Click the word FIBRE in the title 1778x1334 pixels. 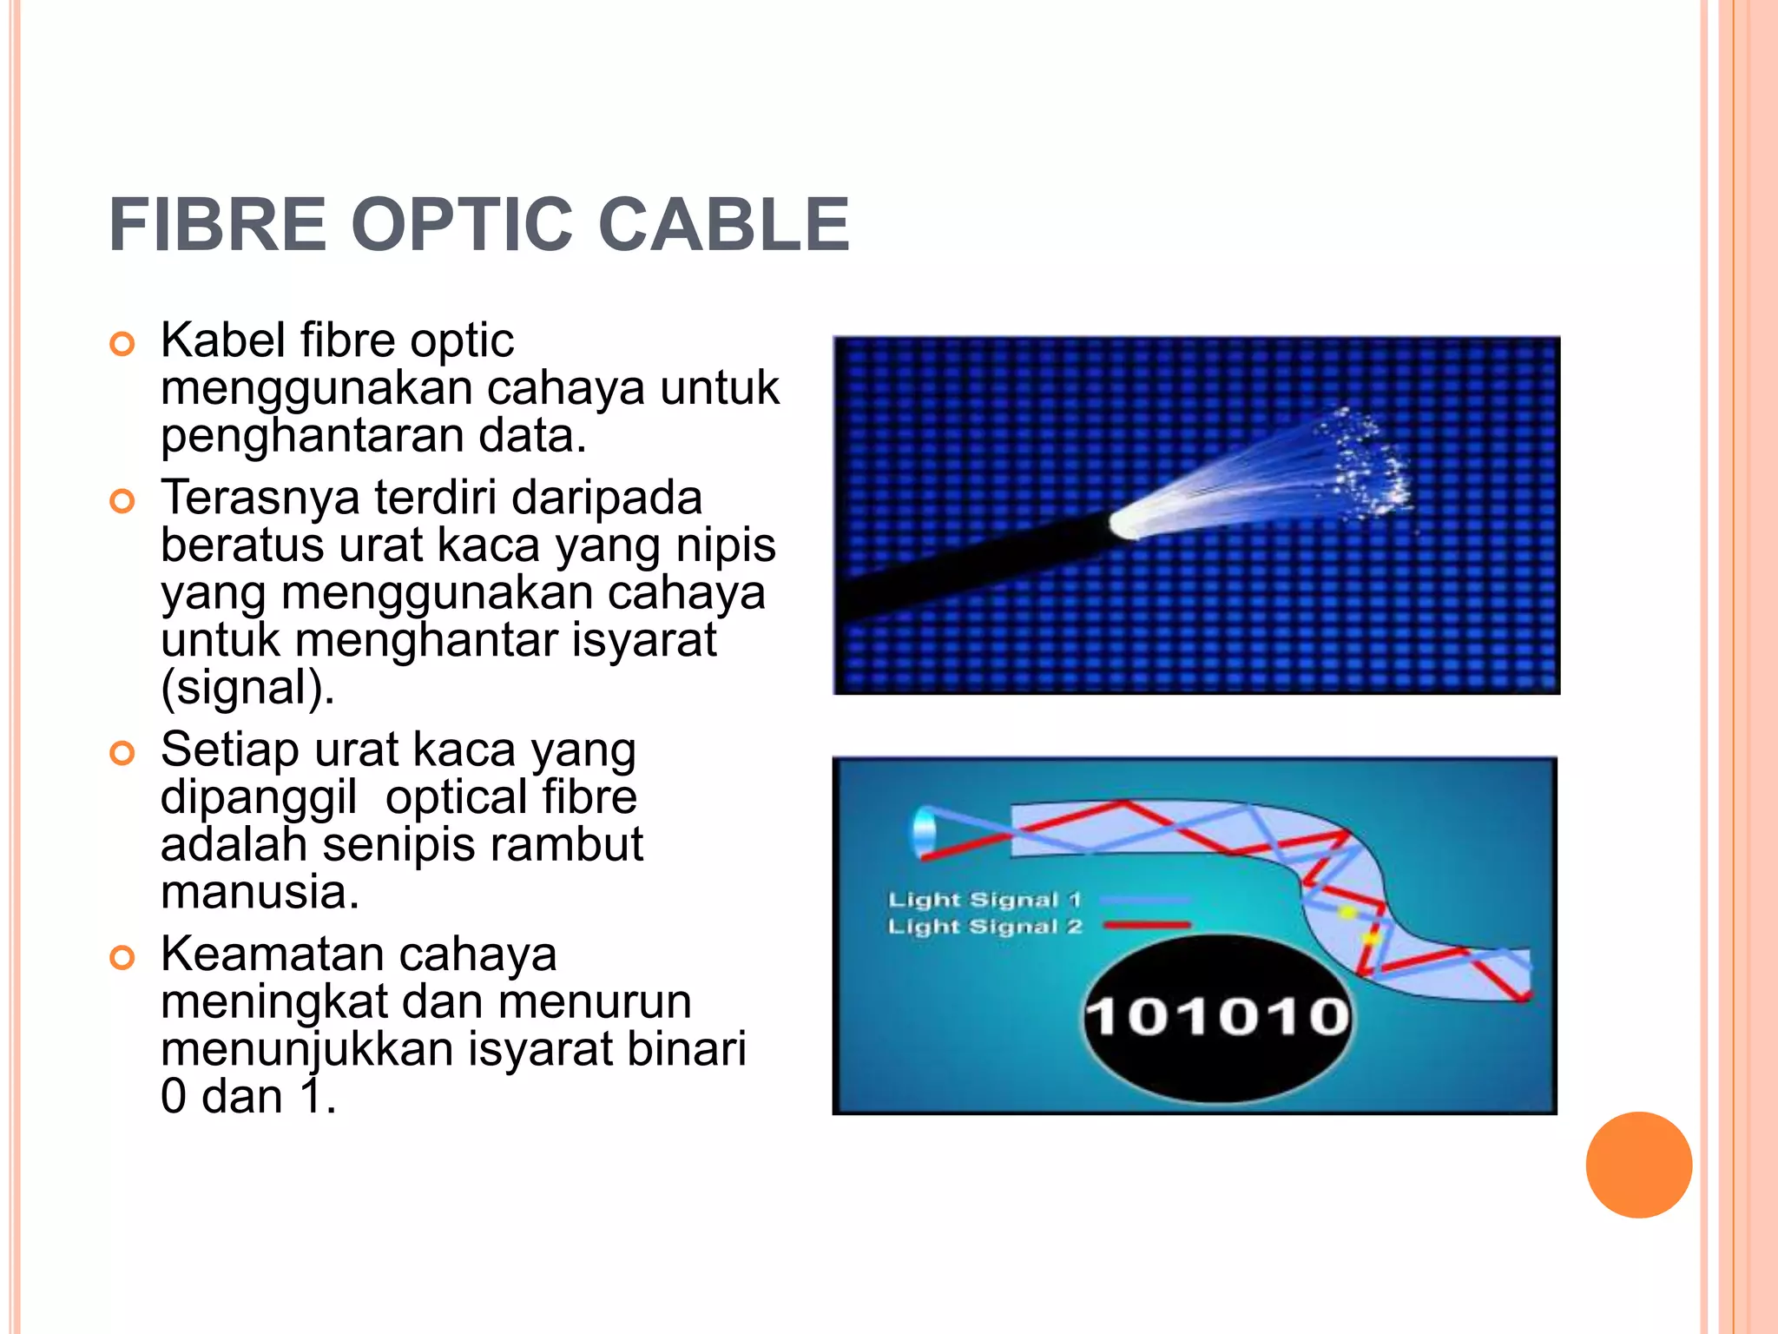217,225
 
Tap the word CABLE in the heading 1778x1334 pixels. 724,225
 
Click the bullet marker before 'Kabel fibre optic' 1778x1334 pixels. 122,344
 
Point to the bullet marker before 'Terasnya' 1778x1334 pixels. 122,501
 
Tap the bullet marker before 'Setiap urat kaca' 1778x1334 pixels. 122,753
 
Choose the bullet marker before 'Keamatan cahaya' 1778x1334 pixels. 122,958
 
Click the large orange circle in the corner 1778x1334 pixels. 1638,1165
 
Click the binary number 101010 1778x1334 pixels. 1217,1016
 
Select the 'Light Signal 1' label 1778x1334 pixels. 984,900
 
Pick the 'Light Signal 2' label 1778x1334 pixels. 984,927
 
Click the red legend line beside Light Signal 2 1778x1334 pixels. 1146,926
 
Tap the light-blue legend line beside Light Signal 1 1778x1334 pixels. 1146,900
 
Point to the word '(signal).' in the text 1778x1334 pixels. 247,688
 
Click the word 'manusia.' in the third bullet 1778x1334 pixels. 260,892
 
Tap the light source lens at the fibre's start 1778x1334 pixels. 924,831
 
